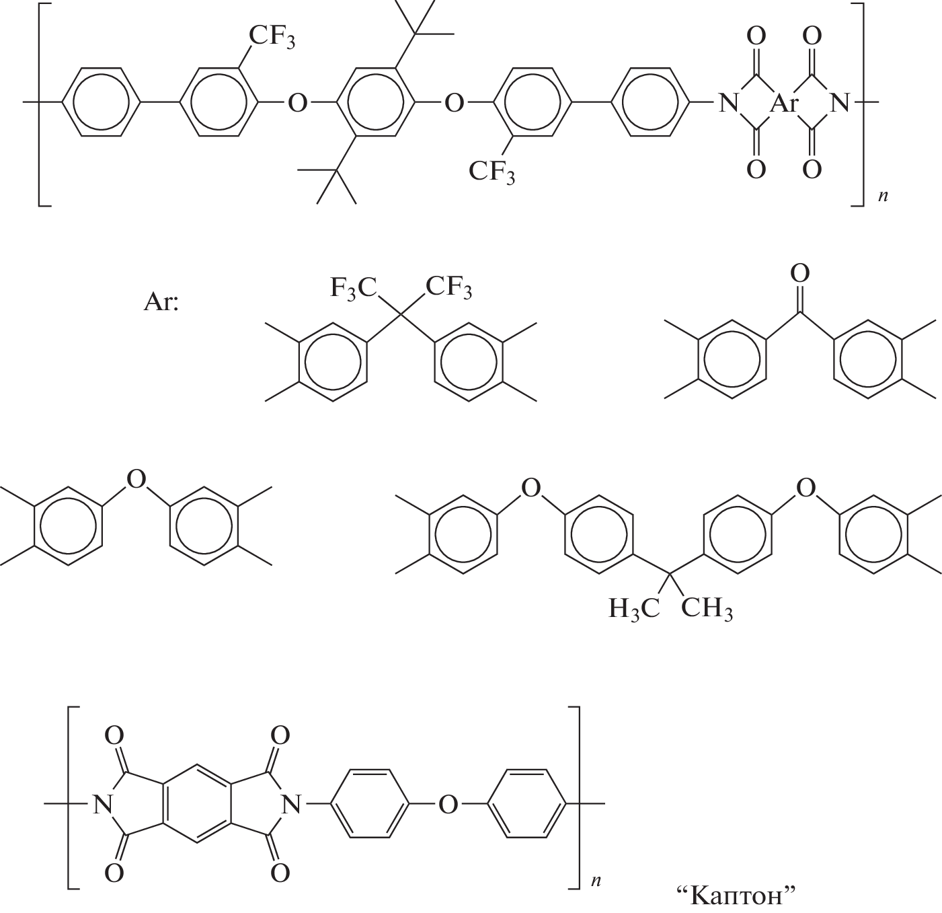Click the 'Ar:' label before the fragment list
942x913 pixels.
161,302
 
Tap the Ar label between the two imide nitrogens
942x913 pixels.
784,104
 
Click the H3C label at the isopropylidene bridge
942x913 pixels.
633,608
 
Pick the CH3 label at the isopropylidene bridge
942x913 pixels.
707,608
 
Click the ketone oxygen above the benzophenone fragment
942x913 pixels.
799,273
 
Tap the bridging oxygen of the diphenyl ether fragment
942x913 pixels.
136,479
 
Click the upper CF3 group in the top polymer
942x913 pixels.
272,36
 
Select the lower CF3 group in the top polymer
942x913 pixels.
492,172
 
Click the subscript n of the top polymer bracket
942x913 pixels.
883,196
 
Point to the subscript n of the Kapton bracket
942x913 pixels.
596,880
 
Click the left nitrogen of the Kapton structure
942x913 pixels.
103,805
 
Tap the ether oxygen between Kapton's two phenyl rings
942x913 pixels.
448,805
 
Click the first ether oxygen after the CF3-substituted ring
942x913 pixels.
297,103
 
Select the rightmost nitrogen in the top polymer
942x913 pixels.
840,103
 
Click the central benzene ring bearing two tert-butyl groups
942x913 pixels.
375,102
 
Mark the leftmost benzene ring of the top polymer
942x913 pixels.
101,102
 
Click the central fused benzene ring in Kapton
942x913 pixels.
197,805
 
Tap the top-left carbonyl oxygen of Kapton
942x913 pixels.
114,735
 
